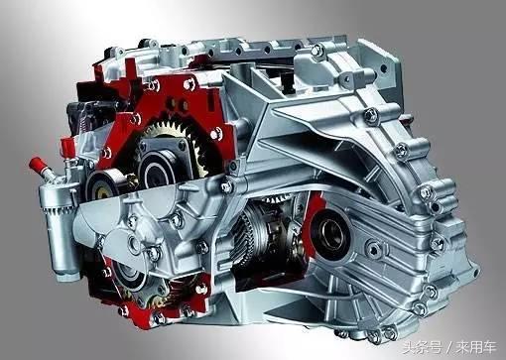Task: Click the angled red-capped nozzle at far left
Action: click(x=39, y=167)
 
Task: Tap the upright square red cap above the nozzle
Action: click(x=66, y=147)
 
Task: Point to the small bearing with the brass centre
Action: click(x=102, y=185)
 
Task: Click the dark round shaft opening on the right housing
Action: click(x=330, y=231)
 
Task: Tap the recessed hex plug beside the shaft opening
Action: click(x=374, y=249)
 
